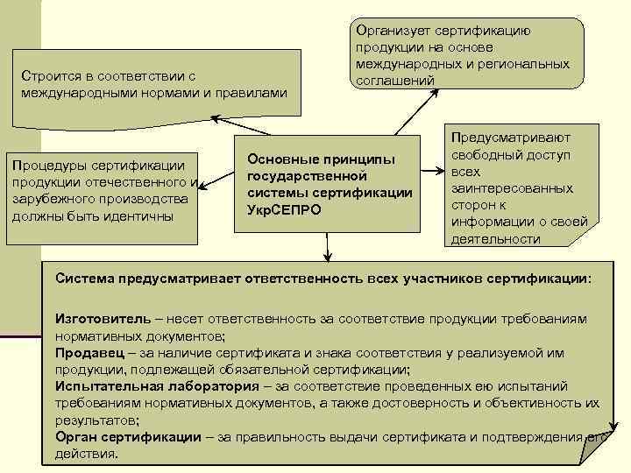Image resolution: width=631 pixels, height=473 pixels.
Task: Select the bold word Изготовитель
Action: coord(96,320)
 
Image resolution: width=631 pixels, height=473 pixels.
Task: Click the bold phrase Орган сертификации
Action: coord(127,436)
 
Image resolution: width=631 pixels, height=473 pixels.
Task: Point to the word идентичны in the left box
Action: coord(141,215)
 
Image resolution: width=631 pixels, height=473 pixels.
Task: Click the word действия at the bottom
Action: coord(85,454)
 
